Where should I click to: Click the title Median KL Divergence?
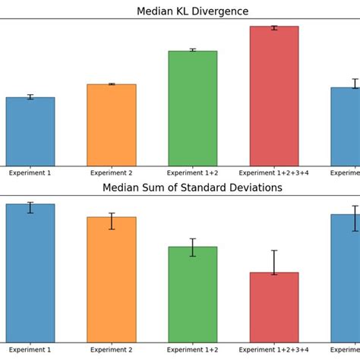click(192, 11)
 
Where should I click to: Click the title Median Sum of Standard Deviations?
click(192, 188)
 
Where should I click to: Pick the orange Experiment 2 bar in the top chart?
click(112, 125)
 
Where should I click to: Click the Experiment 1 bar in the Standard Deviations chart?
click(30, 273)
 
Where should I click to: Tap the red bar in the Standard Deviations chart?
click(273, 308)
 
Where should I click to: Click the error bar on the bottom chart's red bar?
click(273, 262)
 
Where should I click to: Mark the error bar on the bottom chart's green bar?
click(192, 247)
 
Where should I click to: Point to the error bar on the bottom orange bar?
click(112, 221)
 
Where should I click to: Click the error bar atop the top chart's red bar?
click(273, 27)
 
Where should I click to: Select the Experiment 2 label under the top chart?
click(112, 173)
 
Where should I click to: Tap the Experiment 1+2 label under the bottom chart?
click(192, 350)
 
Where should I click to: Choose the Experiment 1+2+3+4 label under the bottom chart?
click(273, 350)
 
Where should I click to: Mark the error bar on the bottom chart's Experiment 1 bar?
click(30, 207)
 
